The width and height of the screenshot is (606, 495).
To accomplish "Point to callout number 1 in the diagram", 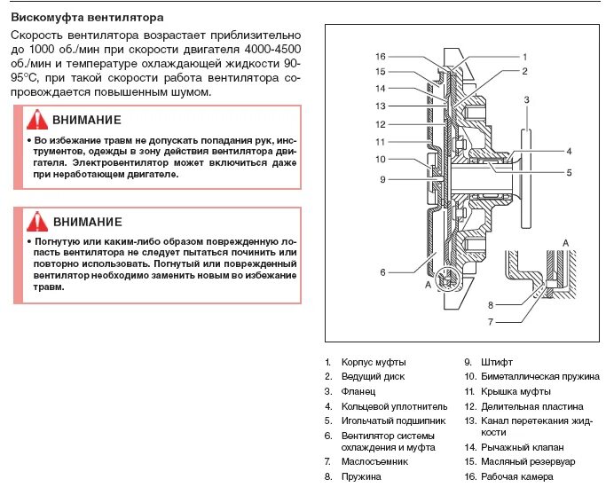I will [524, 56].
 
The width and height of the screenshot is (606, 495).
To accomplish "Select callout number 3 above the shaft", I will [527, 100].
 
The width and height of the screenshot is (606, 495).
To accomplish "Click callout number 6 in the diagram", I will [382, 271].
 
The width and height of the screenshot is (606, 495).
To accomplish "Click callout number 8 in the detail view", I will [489, 304].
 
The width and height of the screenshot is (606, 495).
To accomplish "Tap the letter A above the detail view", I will [565, 240].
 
